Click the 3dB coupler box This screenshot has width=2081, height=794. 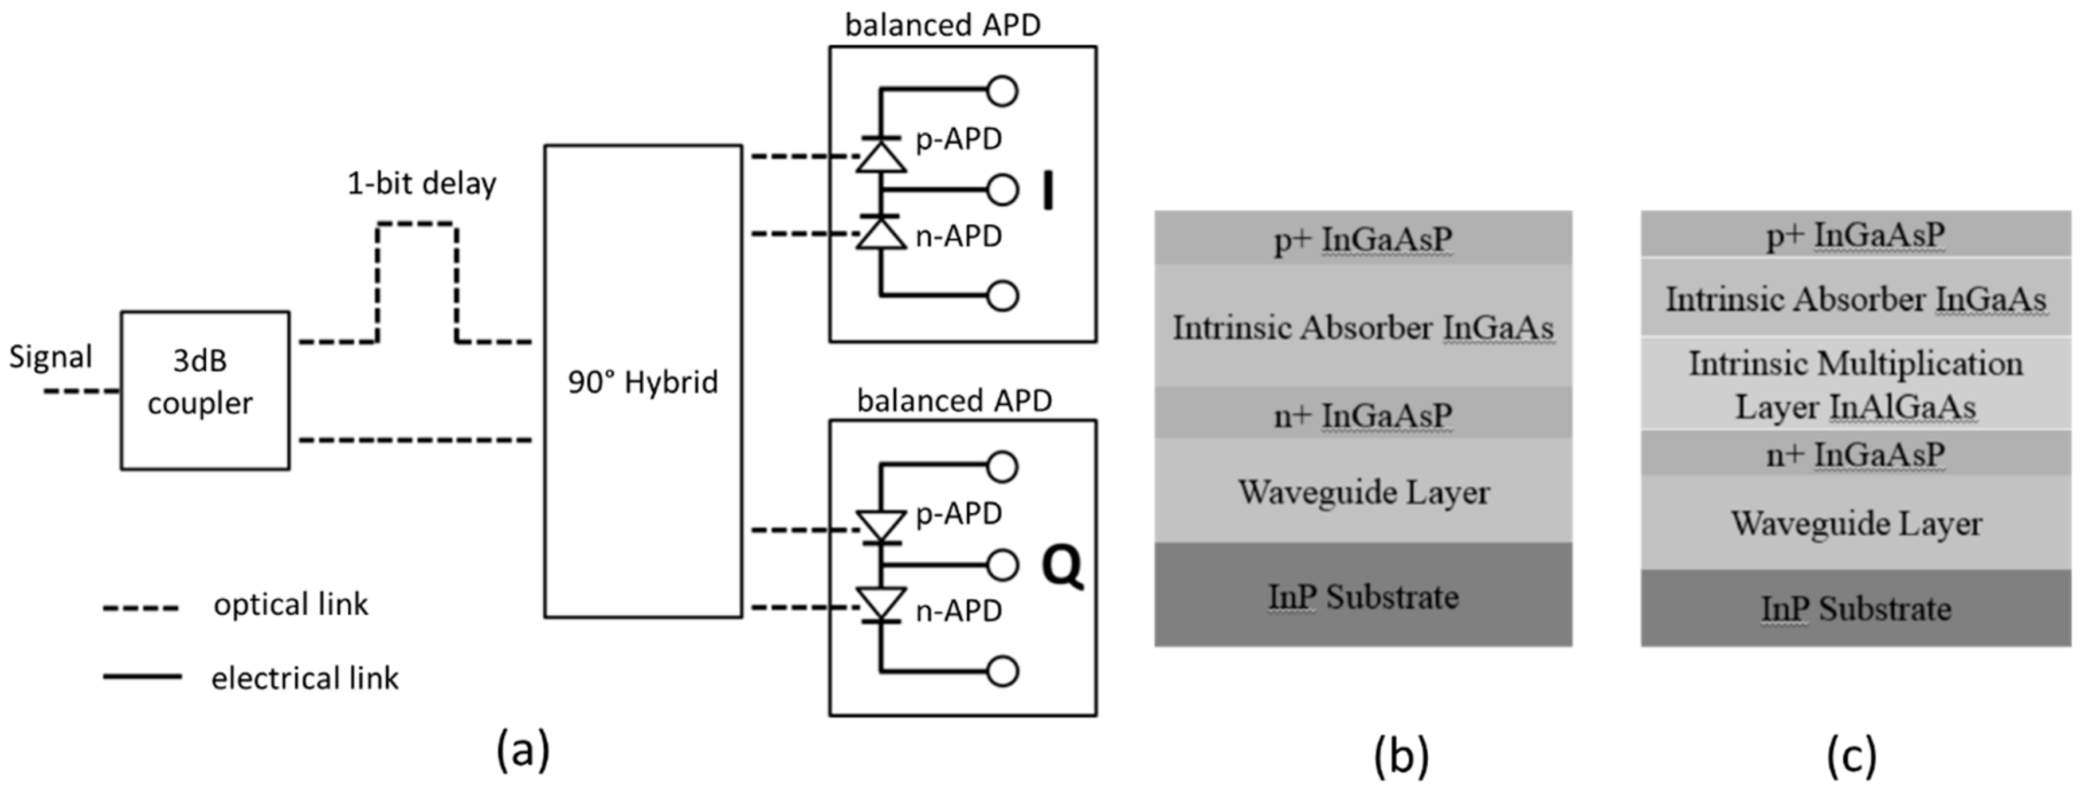coord(205,390)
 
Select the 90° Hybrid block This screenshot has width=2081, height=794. coord(642,382)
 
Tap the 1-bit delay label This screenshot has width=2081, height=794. coord(422,184)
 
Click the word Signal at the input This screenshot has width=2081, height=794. coord(50,357)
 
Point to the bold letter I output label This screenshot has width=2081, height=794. coord(1048,191)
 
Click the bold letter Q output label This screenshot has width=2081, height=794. coord(1061,567)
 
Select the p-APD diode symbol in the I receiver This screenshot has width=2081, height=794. coord(880,155)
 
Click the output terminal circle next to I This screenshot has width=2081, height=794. coord(1002,191)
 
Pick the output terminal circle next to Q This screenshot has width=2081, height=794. coord(1002,565)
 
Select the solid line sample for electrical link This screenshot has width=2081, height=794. coord(142,677)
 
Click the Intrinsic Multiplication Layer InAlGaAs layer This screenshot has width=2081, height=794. coord(1856,384)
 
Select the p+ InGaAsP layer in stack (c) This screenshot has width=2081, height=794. coord(1856,235)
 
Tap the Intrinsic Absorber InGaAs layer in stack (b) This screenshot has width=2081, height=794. coord(1363,327)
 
